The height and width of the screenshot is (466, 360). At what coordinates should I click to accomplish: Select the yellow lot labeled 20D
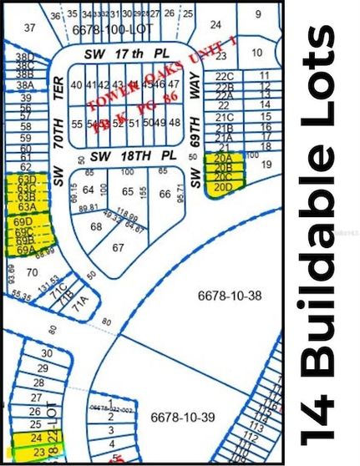223,187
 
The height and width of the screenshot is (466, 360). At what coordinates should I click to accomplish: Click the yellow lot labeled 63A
27,206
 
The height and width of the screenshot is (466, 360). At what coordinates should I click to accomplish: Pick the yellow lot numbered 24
35,437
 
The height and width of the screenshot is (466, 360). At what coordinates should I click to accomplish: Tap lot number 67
118,247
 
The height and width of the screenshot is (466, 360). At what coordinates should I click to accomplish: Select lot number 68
96,226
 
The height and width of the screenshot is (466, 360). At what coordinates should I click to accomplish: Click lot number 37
30,28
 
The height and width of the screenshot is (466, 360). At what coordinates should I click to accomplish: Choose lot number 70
32,271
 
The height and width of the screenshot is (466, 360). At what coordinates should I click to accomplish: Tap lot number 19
266,165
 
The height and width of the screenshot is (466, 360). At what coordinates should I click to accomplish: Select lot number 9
258,13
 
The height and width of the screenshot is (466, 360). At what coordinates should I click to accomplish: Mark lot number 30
47,353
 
